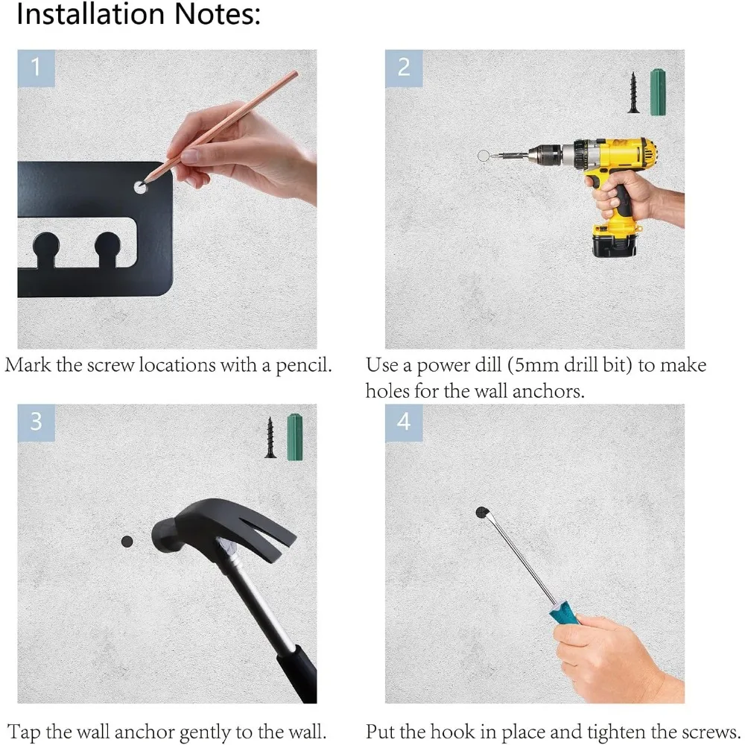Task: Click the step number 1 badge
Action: tap(36, 69)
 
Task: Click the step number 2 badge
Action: tap(404, 69)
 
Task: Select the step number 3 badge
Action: tap(36, 423)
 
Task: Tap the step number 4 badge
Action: tap(404, 423)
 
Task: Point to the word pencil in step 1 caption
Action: tap(304, 365)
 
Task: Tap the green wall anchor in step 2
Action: tap(658, 92)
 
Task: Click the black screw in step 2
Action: tap(633, 92)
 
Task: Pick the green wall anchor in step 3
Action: tap(295, 437)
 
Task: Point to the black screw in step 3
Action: tap(270, 437)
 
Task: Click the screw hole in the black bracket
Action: tap(140, 187)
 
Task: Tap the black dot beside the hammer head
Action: tap(127, 541)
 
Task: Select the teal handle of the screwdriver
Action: tap(565, 613)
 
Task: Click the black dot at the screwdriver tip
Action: tap(482, 513)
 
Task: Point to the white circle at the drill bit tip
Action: tap(484, 155)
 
